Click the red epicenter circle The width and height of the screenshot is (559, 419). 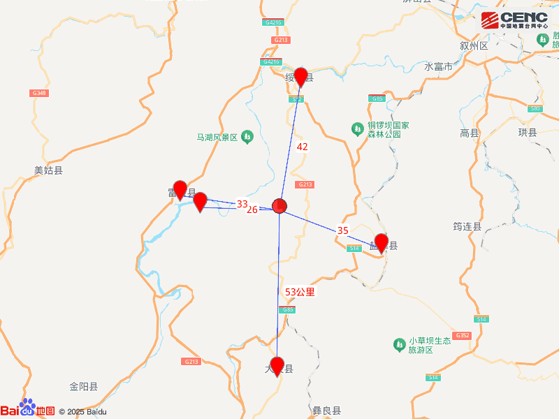[x=279, y=206]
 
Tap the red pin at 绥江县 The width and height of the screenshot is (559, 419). [x=301, y=75]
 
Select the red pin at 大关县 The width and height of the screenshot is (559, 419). [x=277, y=365]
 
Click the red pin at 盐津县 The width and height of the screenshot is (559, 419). [x=382, y=242]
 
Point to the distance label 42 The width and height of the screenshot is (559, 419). [x=303, y=147]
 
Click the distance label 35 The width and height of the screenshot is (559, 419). [x=342, y=230]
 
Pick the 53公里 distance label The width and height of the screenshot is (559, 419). [x=300, y=292]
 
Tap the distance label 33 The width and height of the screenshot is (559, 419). [x=242, y=204]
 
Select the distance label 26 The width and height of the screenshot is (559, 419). [x=252, y=209]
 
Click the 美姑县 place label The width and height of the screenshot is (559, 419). [x=48, y=170]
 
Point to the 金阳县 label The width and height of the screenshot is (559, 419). [x=83, y=386]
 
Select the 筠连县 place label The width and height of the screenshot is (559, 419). [x=467, y=226]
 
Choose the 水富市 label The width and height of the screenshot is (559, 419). [x=439, y=67]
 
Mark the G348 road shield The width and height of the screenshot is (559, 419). [x=39, y=93]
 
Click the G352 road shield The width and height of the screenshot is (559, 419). [x=462, y=336]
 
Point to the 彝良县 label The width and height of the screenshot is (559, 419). [x=326, y=411]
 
